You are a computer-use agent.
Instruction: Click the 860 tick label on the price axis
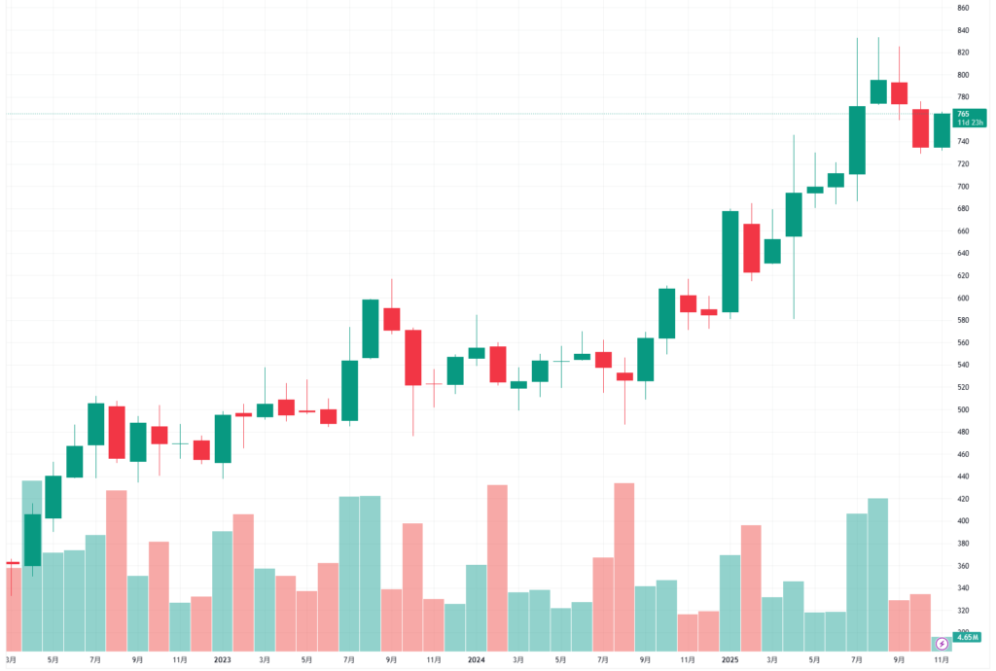(x=963, y=8)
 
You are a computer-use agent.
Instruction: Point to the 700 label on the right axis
(x=963, y=187)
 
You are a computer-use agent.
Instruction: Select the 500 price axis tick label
(x=963, y=409)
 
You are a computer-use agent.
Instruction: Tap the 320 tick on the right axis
(x=963, y=611)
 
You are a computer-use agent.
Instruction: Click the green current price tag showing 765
(x=967, y=118)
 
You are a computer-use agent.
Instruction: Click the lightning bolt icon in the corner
(x=942, y=644)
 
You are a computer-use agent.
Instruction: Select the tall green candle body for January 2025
(x=730, y=262)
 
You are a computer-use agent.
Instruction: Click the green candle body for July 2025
(x=857, y=140)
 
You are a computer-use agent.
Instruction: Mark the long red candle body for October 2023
(x=412, y=358)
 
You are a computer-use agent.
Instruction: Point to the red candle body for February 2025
(x=751, y=248)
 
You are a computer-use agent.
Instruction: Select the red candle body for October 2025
(x=920, y=128)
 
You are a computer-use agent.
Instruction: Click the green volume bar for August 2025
(x=877, y=574)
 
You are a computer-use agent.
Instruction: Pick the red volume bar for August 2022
(x=117, y=570)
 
